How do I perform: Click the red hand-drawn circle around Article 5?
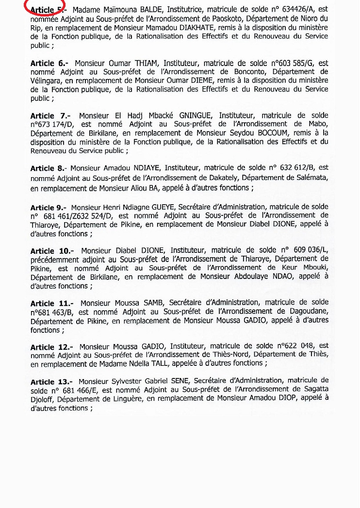tap(45, 8)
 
